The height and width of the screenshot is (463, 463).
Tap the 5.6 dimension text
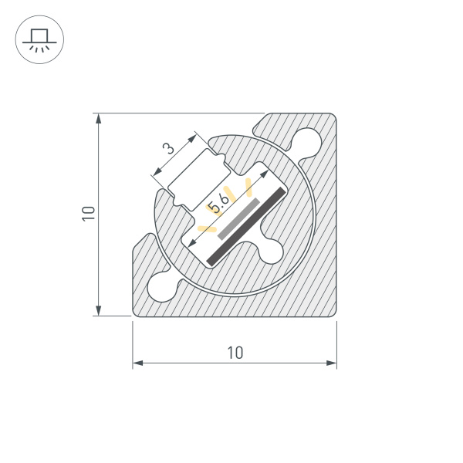click(x=218, y=204)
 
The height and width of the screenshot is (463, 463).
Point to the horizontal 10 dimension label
click(x=235, y=353)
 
